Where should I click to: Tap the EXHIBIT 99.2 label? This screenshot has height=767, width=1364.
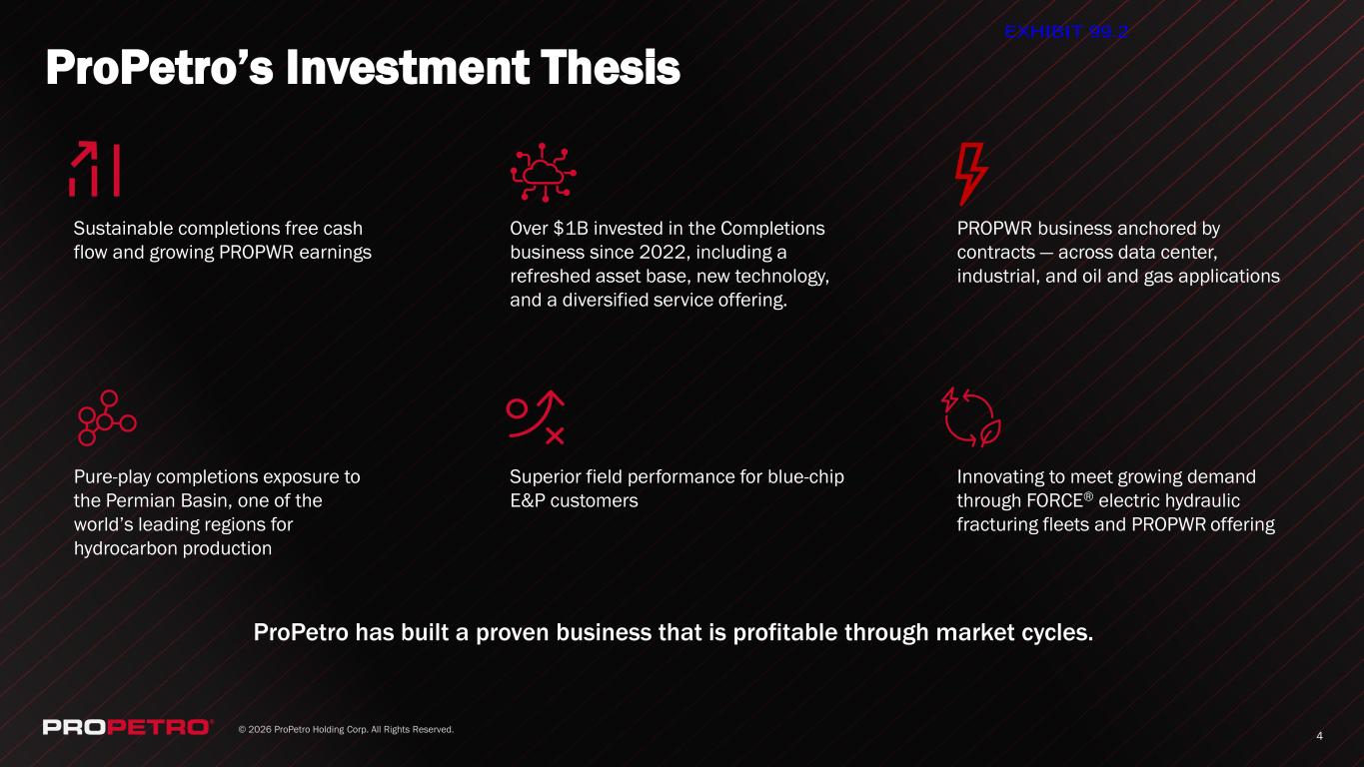(1066, 32)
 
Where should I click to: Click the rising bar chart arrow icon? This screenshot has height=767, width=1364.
(94, 169)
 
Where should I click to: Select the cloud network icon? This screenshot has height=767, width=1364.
(544, 173)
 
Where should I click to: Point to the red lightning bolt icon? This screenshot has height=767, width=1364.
(970, 174)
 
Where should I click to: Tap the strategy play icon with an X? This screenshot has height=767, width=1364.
(536, 417)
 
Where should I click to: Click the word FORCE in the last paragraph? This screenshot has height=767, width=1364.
(1054, 501)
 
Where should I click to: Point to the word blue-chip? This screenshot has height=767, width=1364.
(805, 477)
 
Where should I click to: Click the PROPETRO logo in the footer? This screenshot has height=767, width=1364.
(127, 727)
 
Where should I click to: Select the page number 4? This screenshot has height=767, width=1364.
(1320, 736)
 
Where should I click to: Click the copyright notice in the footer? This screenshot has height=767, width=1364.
(346, 729)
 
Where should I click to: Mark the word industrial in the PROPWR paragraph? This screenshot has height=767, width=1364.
(998, 277)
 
